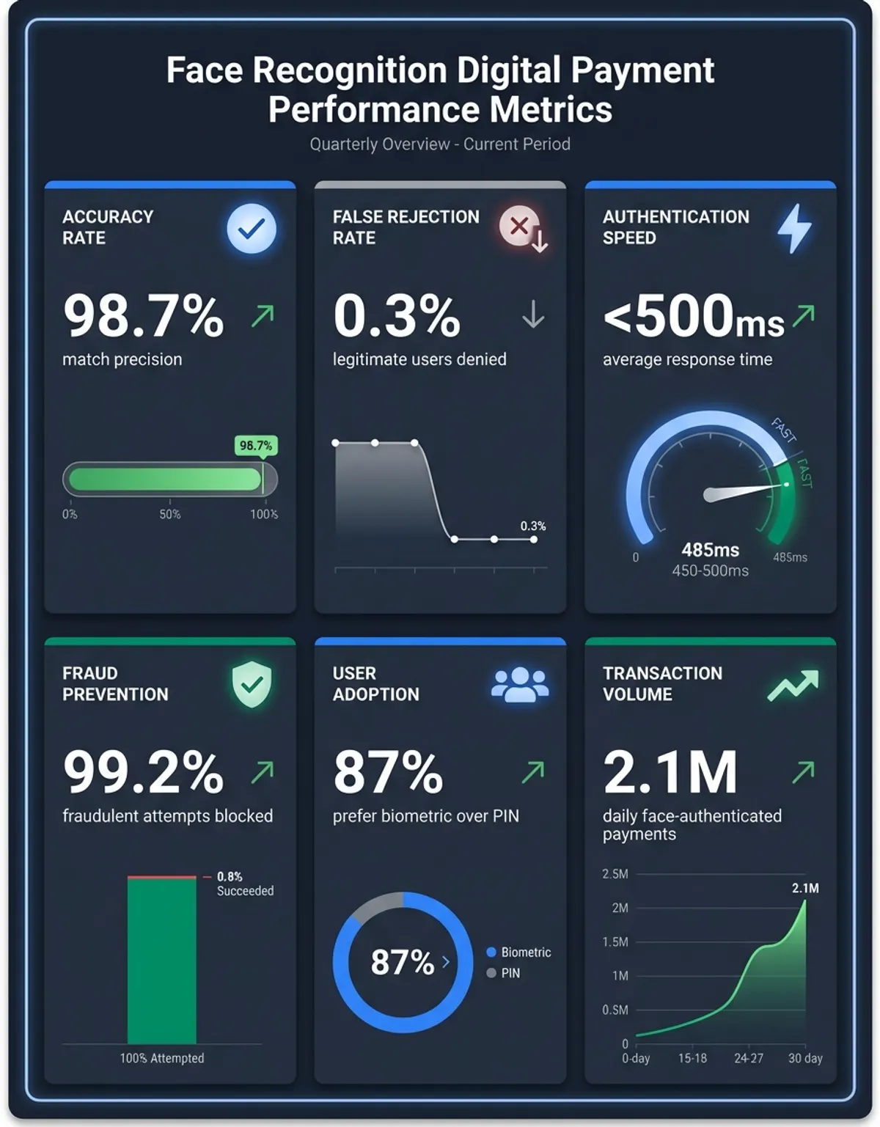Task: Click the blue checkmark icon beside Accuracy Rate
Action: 252,228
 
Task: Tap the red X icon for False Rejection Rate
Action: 519,226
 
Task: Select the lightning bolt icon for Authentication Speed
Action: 794,228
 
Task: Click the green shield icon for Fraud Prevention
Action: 252,684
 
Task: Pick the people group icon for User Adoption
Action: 520,685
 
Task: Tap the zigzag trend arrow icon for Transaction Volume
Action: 793,685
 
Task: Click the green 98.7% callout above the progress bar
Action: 256,446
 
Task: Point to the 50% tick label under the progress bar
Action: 170,514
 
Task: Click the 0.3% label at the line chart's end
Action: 533,526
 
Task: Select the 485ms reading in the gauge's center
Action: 710,550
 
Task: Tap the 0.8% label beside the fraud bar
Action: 230,876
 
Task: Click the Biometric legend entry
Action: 519,952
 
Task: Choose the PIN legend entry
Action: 504,973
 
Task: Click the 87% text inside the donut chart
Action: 403,962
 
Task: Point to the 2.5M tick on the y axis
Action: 615,874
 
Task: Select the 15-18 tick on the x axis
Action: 693,1058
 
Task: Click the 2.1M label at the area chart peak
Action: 805,889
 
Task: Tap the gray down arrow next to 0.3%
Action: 533,315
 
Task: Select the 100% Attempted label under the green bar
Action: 162,1058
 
